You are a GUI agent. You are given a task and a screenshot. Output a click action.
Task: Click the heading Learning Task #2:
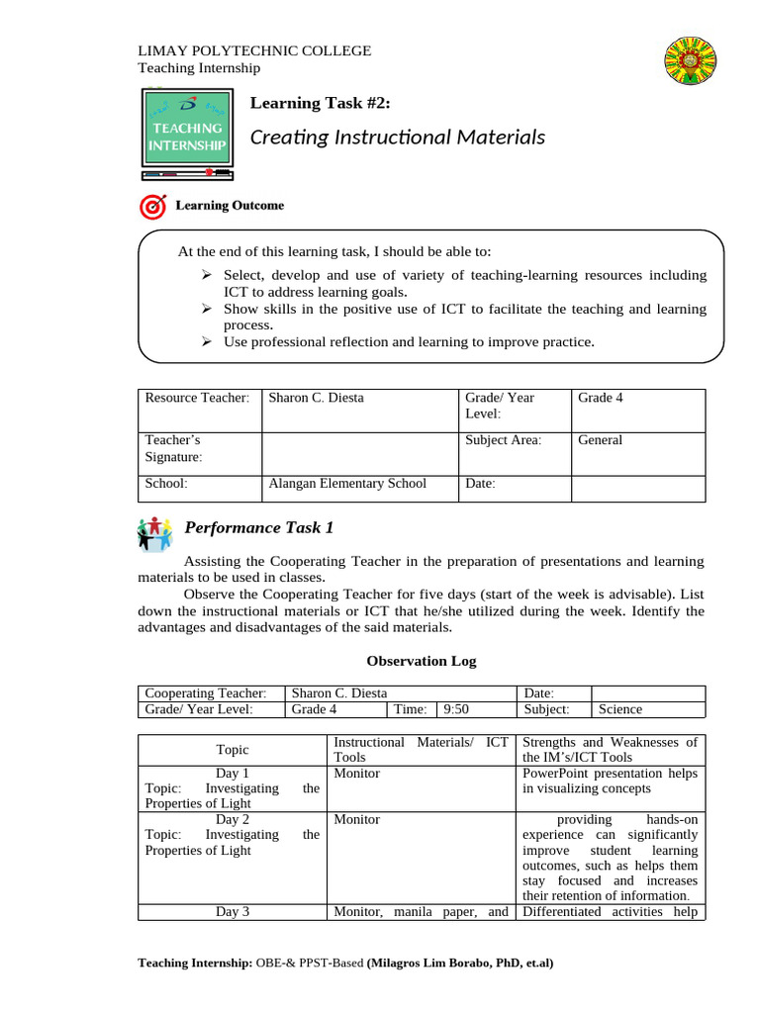[x=320, y=103]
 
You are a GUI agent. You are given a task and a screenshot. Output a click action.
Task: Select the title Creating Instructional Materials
[x=398, y=138]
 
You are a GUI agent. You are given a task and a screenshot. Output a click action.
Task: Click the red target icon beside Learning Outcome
[x=153, y=206]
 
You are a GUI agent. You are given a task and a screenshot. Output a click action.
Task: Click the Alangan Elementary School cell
[x=347, y=484]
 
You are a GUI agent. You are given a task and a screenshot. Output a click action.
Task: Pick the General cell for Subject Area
[x=601, y=440]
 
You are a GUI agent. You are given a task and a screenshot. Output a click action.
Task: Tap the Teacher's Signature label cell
[x=173, y=448]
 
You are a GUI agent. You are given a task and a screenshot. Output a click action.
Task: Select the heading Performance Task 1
[x=259, y=528]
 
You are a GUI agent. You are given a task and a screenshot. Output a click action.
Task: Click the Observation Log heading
[x=422, y=661]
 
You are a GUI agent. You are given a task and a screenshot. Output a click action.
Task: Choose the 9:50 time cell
[x=456, y=709]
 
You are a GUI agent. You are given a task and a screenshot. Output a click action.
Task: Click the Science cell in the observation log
[x=620, y=709]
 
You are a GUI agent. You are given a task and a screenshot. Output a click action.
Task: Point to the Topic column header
[x=233, y=750]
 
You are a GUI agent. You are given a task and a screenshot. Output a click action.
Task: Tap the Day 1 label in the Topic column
[x=233, y=773]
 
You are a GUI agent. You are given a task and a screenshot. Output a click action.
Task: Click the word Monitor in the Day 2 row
[x=357, y=819]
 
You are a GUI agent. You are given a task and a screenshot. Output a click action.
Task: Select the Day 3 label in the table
[x=233, y=912]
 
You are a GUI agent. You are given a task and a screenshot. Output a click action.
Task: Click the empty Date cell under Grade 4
[x=637, y=485]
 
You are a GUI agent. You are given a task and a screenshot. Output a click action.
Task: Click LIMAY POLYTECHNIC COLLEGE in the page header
[x=253, y=50]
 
